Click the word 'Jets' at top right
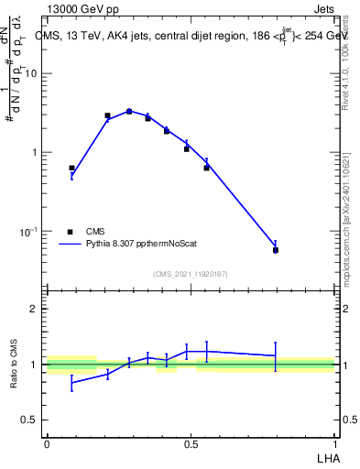[x=322, y=10]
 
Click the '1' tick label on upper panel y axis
[x=35, y=152]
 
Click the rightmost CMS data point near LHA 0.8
[x=276, y=250]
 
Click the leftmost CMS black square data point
[x=71, y=169]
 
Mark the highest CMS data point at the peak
[x=129, y=111]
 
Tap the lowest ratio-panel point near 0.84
[x=71, y=383]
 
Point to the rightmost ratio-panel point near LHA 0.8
[x=276, y=355]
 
